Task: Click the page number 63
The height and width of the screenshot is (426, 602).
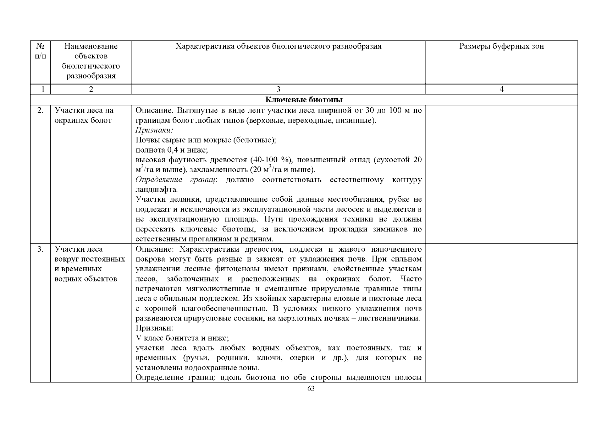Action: click(x=310, y=388)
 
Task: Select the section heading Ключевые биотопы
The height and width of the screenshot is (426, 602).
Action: click(x=304, y=100)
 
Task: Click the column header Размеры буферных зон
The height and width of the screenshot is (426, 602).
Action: click(x=501, y=46)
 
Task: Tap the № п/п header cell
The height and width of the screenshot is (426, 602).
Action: click(x=40, y=51)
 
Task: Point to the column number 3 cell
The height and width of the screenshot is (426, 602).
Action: click(x=278, y=89)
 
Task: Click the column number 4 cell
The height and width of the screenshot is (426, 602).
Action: click(x=501, y=89)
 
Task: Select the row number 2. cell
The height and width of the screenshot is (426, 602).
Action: click(x=40, y=110)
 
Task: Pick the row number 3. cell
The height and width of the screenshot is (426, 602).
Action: click(x=40, y=249)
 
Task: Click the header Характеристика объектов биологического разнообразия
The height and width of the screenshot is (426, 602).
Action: click(x=278, y=46)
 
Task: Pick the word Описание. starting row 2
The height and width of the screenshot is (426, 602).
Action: click(x=154, y=110)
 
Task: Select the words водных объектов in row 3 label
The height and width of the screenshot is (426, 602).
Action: click(x=86, y=279)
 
